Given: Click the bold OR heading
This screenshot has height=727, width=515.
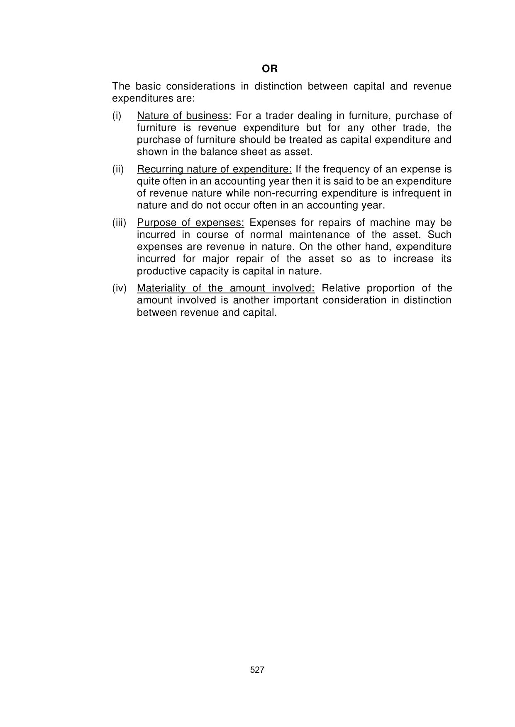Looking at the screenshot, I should (x=270, y=68).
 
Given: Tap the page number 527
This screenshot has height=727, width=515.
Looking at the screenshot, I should (x=257, y=670).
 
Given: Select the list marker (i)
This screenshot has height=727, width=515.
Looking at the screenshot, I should (x=117, y=116).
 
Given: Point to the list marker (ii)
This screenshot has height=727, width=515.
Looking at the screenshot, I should (x=118, y=169).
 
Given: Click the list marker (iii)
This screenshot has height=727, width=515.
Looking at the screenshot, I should (x=119, y=223).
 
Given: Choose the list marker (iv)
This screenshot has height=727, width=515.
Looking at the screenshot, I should (x=119, y=288).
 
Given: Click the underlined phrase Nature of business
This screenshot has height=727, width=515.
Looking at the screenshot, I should (x=183, y=116).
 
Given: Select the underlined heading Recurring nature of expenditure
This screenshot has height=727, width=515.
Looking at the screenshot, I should (x=215, y=169).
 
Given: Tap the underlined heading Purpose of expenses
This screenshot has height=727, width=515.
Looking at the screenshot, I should (x=190, y=223).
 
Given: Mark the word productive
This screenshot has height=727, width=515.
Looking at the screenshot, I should (x=161, y=271).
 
